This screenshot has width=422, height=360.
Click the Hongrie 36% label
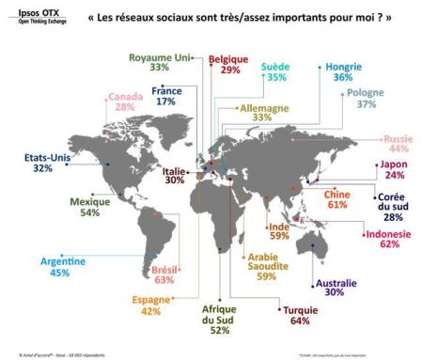pos(341,72)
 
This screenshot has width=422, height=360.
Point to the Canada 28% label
pos(125,102)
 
